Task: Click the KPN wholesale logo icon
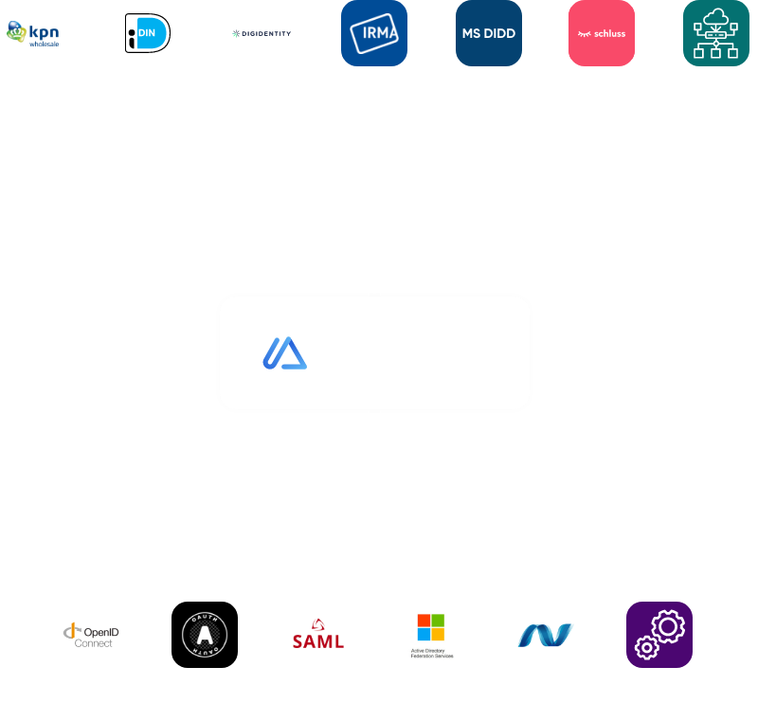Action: point(33,33)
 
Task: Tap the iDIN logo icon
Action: point(147,33)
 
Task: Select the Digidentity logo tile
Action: point(261,33)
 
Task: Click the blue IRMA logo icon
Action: point(374,33)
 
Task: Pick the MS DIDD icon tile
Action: point(488,33)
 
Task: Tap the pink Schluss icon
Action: point(602,33)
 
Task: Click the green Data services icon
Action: point(715,33)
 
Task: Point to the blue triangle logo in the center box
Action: point(284,352)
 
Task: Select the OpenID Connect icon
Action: point(91,635)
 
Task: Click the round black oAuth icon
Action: point(205,635)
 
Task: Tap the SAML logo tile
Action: point(318,635)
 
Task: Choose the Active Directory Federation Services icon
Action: point(432,635)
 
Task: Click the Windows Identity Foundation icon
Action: point(546,635)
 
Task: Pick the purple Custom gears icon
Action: point(659,635)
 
